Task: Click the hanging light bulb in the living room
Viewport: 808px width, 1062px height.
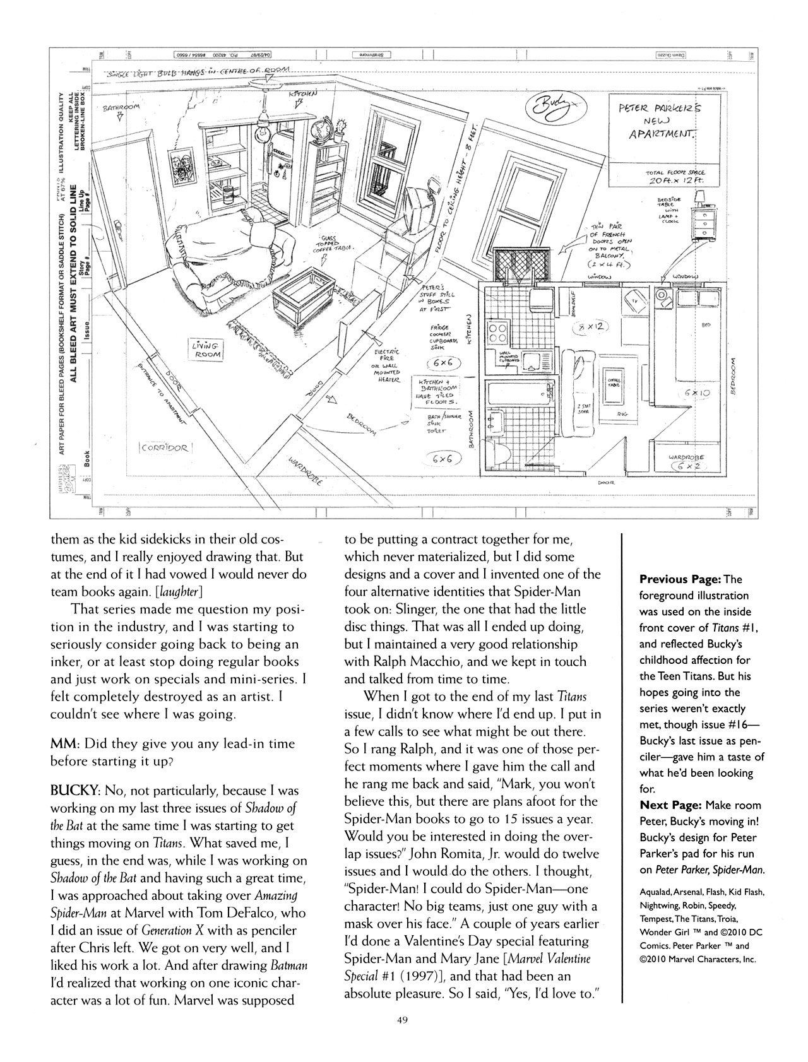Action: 260,131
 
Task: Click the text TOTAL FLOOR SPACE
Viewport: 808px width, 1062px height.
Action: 675,172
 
